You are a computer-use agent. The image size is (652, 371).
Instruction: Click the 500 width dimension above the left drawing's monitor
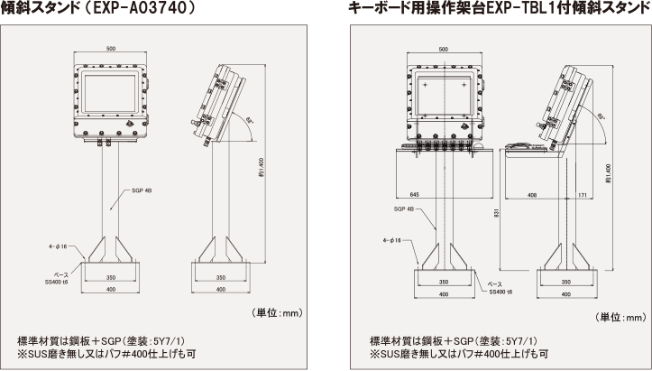(x=110, y=48)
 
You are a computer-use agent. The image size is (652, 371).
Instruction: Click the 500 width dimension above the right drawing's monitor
(x=443, y=51)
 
